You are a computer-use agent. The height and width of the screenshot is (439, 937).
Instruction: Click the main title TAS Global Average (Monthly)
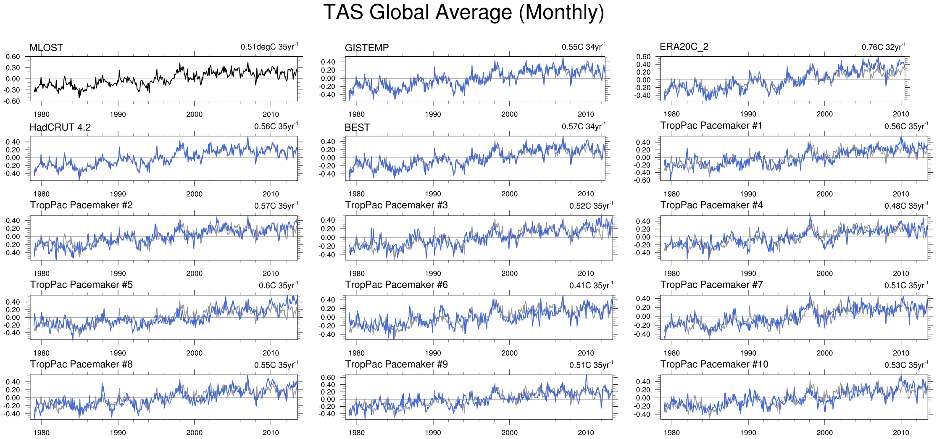(463, 13)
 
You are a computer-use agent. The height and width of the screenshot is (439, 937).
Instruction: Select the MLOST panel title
(46, 48)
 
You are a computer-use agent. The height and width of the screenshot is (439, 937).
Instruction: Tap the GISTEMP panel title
(367, 48)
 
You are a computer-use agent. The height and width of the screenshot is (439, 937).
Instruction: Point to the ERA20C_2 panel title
(684, 47)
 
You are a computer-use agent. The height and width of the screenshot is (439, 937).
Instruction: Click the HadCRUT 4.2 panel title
(60, 127)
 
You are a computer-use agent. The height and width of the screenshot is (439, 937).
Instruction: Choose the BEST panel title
(357, 127)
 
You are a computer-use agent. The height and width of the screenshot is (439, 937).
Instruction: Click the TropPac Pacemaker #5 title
(82, 285)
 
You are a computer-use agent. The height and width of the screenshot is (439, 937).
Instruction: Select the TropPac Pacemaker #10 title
(714, 364)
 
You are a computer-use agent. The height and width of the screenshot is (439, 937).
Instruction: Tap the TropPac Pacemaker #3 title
(396, 205)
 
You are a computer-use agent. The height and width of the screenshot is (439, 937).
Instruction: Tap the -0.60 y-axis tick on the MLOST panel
(13, 101)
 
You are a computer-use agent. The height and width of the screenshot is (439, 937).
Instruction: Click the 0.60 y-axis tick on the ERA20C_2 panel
(643, 57)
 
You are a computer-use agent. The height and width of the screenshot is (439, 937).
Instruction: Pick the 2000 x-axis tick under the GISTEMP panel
(509, 114)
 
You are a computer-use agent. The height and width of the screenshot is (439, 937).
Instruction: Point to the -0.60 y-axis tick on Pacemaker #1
(642, 181)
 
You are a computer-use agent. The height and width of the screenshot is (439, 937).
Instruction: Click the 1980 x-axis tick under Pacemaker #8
(41, 433)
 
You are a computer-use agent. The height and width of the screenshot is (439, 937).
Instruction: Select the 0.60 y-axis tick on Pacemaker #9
(328, 377)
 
